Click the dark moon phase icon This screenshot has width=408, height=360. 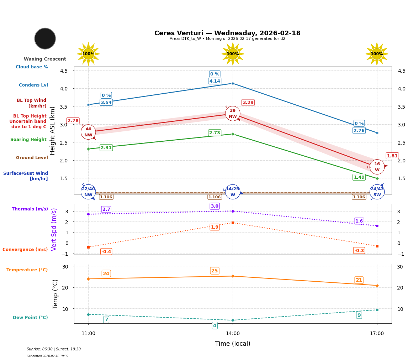click(x=45, y=38)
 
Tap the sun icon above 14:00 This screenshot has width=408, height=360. click(x=233, y=54)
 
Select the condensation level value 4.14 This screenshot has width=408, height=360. click(x=214, y=81)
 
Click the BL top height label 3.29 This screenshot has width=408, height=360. click(x=248, y=103)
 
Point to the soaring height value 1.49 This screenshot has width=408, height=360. click(x=359, y=177)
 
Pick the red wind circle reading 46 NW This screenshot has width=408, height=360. click(x=88, y=132)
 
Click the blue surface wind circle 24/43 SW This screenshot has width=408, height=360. click(x=377, y=192)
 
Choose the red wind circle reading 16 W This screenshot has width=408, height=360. click(x=377, y=167)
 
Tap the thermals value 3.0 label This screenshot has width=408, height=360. click(x=214, y=206)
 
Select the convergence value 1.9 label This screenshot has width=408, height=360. click(x=214, y=227)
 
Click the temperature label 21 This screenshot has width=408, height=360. click(x=359, y=280)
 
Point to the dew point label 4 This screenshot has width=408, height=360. click(x=214, y=325)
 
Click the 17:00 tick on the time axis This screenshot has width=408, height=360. click(x=377, y=334)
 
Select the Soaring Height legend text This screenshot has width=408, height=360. click(x=28, y=140)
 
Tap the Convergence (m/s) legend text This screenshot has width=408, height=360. click(x=25, y=250)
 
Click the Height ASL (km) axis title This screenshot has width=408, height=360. click(x=53, y=130)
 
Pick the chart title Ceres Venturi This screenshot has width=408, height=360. click(x=227, y=33)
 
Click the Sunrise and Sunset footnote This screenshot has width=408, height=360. click(x=54, y=349)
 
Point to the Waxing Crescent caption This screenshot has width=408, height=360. click(x=45, y=59)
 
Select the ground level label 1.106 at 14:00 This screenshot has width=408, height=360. click(x=214, y=197)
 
